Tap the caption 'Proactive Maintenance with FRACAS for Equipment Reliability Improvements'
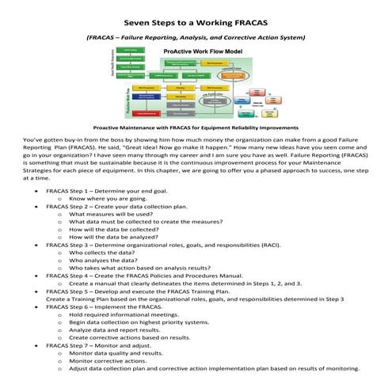[x=196, y=127]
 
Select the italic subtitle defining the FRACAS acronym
[x=196, y=36]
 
